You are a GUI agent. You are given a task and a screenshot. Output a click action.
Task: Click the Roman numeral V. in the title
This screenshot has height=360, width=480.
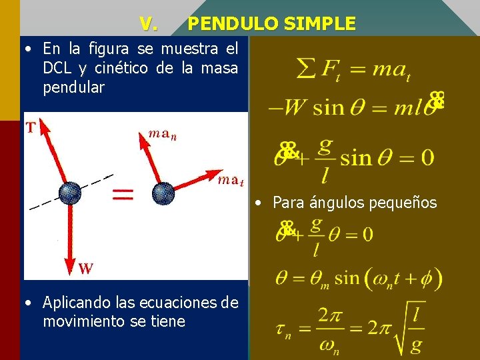149,25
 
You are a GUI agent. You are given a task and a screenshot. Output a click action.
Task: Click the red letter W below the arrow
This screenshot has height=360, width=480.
85,269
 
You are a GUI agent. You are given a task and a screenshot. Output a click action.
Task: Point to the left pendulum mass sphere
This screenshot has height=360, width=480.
69,193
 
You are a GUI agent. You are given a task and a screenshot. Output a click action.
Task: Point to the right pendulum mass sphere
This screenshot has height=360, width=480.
163,193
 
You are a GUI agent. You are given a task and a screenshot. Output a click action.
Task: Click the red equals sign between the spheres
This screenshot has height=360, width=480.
122,195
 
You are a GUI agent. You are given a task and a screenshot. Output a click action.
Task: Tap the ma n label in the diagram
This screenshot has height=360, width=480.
162,134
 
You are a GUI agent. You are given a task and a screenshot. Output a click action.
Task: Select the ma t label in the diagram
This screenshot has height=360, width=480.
231,180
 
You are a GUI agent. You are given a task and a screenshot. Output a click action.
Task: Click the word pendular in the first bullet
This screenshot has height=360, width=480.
74,87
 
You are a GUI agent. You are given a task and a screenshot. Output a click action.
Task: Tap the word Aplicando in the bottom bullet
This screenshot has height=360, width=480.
74,303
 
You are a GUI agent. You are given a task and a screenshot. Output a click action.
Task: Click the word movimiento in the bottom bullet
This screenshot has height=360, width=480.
81,322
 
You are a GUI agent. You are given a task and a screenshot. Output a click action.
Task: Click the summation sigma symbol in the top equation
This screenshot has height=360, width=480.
305,68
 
